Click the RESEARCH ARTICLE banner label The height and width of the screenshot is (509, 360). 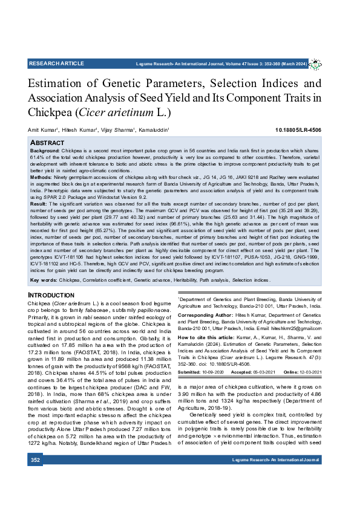click(x=56, y=63)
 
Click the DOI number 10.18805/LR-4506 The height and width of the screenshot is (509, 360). click(x=298, y=130)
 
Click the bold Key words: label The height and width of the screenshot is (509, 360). click(x=44, y=280)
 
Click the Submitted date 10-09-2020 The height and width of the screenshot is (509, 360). click(x=218, y=371)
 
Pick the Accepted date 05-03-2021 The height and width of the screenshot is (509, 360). click(x=265, y=371)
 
